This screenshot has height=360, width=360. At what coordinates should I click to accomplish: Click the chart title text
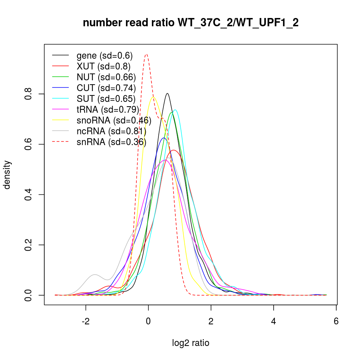point(191,23)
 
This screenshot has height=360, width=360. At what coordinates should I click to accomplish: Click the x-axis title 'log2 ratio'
point(191,343)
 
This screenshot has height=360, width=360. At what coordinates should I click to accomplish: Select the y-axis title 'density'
point(7,175)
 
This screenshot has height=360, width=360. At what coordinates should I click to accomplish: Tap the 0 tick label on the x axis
point(148,321)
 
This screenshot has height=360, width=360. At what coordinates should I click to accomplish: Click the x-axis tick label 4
point(274,321)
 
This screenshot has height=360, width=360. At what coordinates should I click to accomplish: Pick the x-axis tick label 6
point(336,321)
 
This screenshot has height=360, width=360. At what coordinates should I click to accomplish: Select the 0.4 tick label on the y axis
point(30,195)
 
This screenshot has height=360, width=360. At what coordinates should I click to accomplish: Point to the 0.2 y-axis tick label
point(30,245)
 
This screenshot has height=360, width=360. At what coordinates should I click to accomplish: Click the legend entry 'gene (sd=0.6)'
point(104,56)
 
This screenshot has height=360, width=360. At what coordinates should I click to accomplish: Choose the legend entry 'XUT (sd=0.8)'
point(103,66)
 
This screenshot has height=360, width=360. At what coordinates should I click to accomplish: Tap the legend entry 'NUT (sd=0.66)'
point(106,77)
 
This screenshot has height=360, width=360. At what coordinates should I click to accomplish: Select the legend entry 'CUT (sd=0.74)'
point(106,88)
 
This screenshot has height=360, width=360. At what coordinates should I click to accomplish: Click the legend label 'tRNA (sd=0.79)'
point(108,109)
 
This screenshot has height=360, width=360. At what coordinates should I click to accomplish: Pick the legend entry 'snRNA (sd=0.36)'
point(111,142)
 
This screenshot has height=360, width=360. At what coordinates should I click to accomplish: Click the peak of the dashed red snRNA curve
point(146,54)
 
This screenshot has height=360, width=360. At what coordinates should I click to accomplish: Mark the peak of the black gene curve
point(167,93)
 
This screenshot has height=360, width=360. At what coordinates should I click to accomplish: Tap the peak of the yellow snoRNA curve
point(153,97)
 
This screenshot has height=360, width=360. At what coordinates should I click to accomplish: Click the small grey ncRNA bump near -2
point(94,275)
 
